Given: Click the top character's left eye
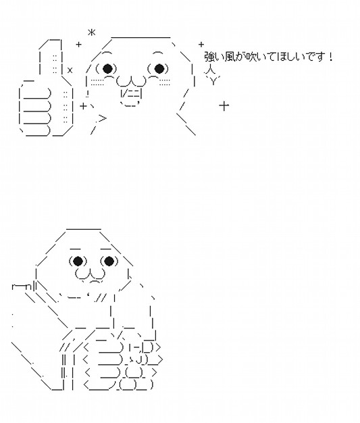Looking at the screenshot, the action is tap(107, 68).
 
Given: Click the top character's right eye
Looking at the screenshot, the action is tap(159, 68).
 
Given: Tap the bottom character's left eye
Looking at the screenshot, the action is tap(78, 261).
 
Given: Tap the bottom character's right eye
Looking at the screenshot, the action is tap(109, 261).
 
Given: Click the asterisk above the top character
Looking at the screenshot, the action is tap(92, 33).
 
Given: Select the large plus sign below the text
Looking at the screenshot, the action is tap(224, 105).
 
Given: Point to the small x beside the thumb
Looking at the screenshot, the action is tap(70, 70).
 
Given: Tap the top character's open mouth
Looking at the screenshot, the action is tap(131, 94).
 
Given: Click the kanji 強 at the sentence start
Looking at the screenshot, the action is tap(209, 57).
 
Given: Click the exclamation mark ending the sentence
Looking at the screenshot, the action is tap(331, 57).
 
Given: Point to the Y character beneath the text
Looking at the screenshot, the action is tap(213, 81).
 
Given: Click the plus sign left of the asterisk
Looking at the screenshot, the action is tap(78, 44).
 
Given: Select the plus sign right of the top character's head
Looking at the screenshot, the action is tap(201, 44).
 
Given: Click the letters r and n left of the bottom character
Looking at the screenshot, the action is tap(22, 287).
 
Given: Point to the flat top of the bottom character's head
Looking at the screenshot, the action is tap(84, 229).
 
